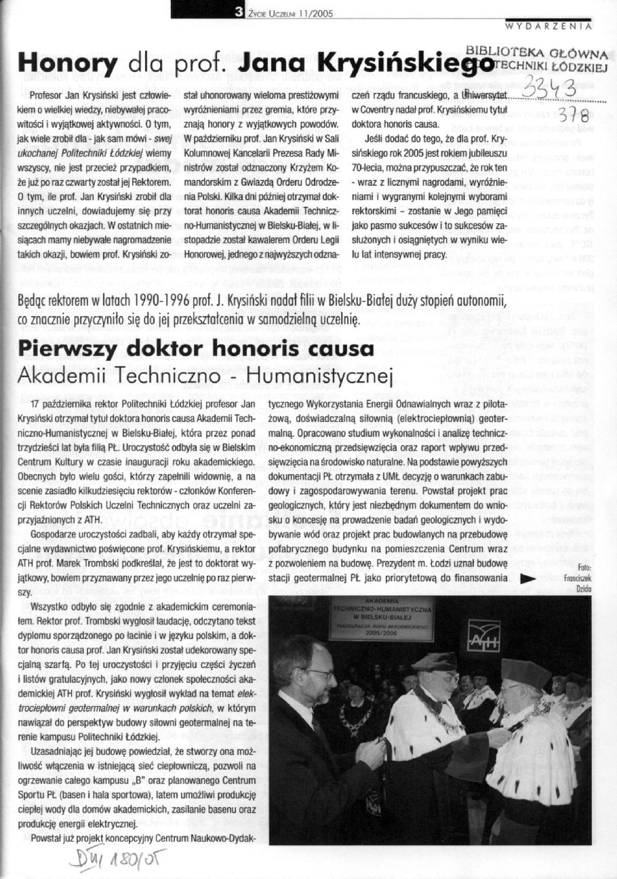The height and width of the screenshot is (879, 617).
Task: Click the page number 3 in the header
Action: pyautogui.click(x=239, y=12)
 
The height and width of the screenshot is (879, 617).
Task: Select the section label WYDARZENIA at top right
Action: pyautogui.click(x=550, y=26)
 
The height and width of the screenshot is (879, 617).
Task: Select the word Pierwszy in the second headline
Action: pyautogui.click(x=70, y=350)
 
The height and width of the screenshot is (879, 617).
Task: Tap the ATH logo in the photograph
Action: pyautogui.click(x=483, y=635)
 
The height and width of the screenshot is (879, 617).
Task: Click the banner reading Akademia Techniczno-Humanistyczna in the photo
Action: pyautogui.click(x=381, y=618)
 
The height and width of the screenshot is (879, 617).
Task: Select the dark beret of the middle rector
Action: pyautogui.click(x=435, y=661)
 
